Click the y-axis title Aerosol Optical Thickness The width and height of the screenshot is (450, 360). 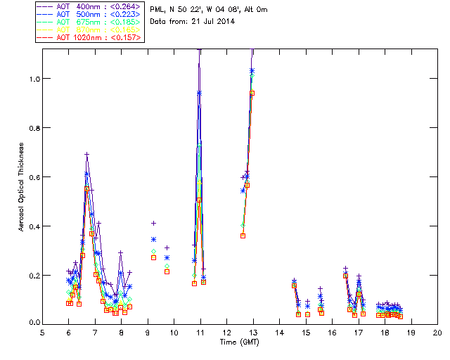pos(22,186)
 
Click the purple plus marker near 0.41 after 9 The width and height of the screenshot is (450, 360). pos(153,223)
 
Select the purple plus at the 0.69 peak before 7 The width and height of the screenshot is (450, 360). pos(86,155)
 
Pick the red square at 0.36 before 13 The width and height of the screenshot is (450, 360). pos(243,236)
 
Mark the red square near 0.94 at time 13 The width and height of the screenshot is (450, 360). pos(252,93)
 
